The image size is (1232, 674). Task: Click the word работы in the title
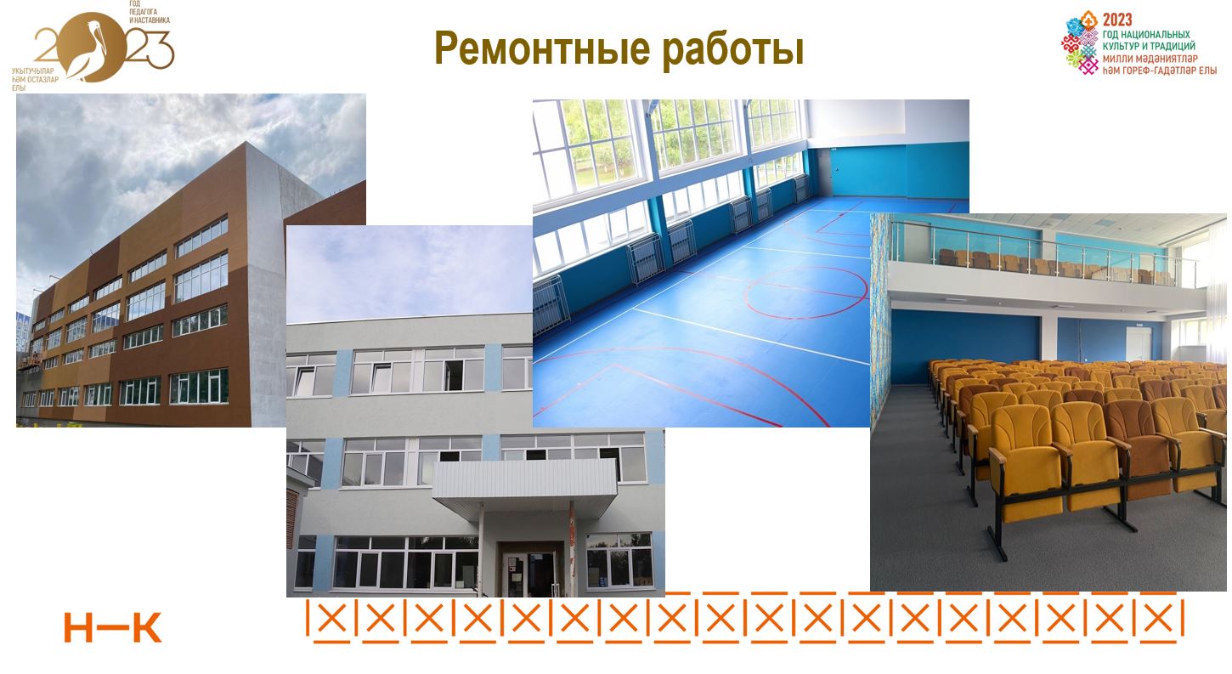(732, 49)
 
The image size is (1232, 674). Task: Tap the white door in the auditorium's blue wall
(1138, 343)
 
